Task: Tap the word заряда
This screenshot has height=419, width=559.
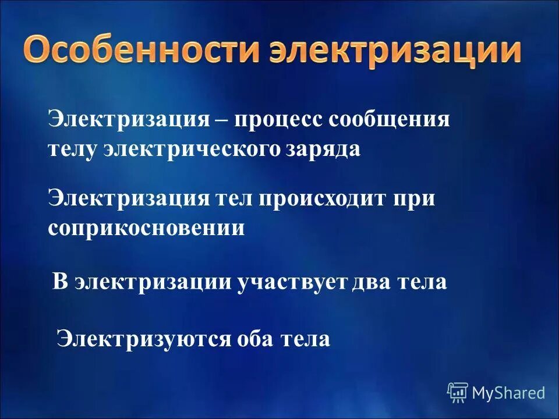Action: [x=324, y=150]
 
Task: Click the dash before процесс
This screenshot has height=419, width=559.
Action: [x=222, y=122]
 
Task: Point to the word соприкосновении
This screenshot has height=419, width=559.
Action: [x=146, y=228]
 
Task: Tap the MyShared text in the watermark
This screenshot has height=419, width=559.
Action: [x=508, y=393]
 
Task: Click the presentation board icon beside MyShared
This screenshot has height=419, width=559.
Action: [x=458, y=393]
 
